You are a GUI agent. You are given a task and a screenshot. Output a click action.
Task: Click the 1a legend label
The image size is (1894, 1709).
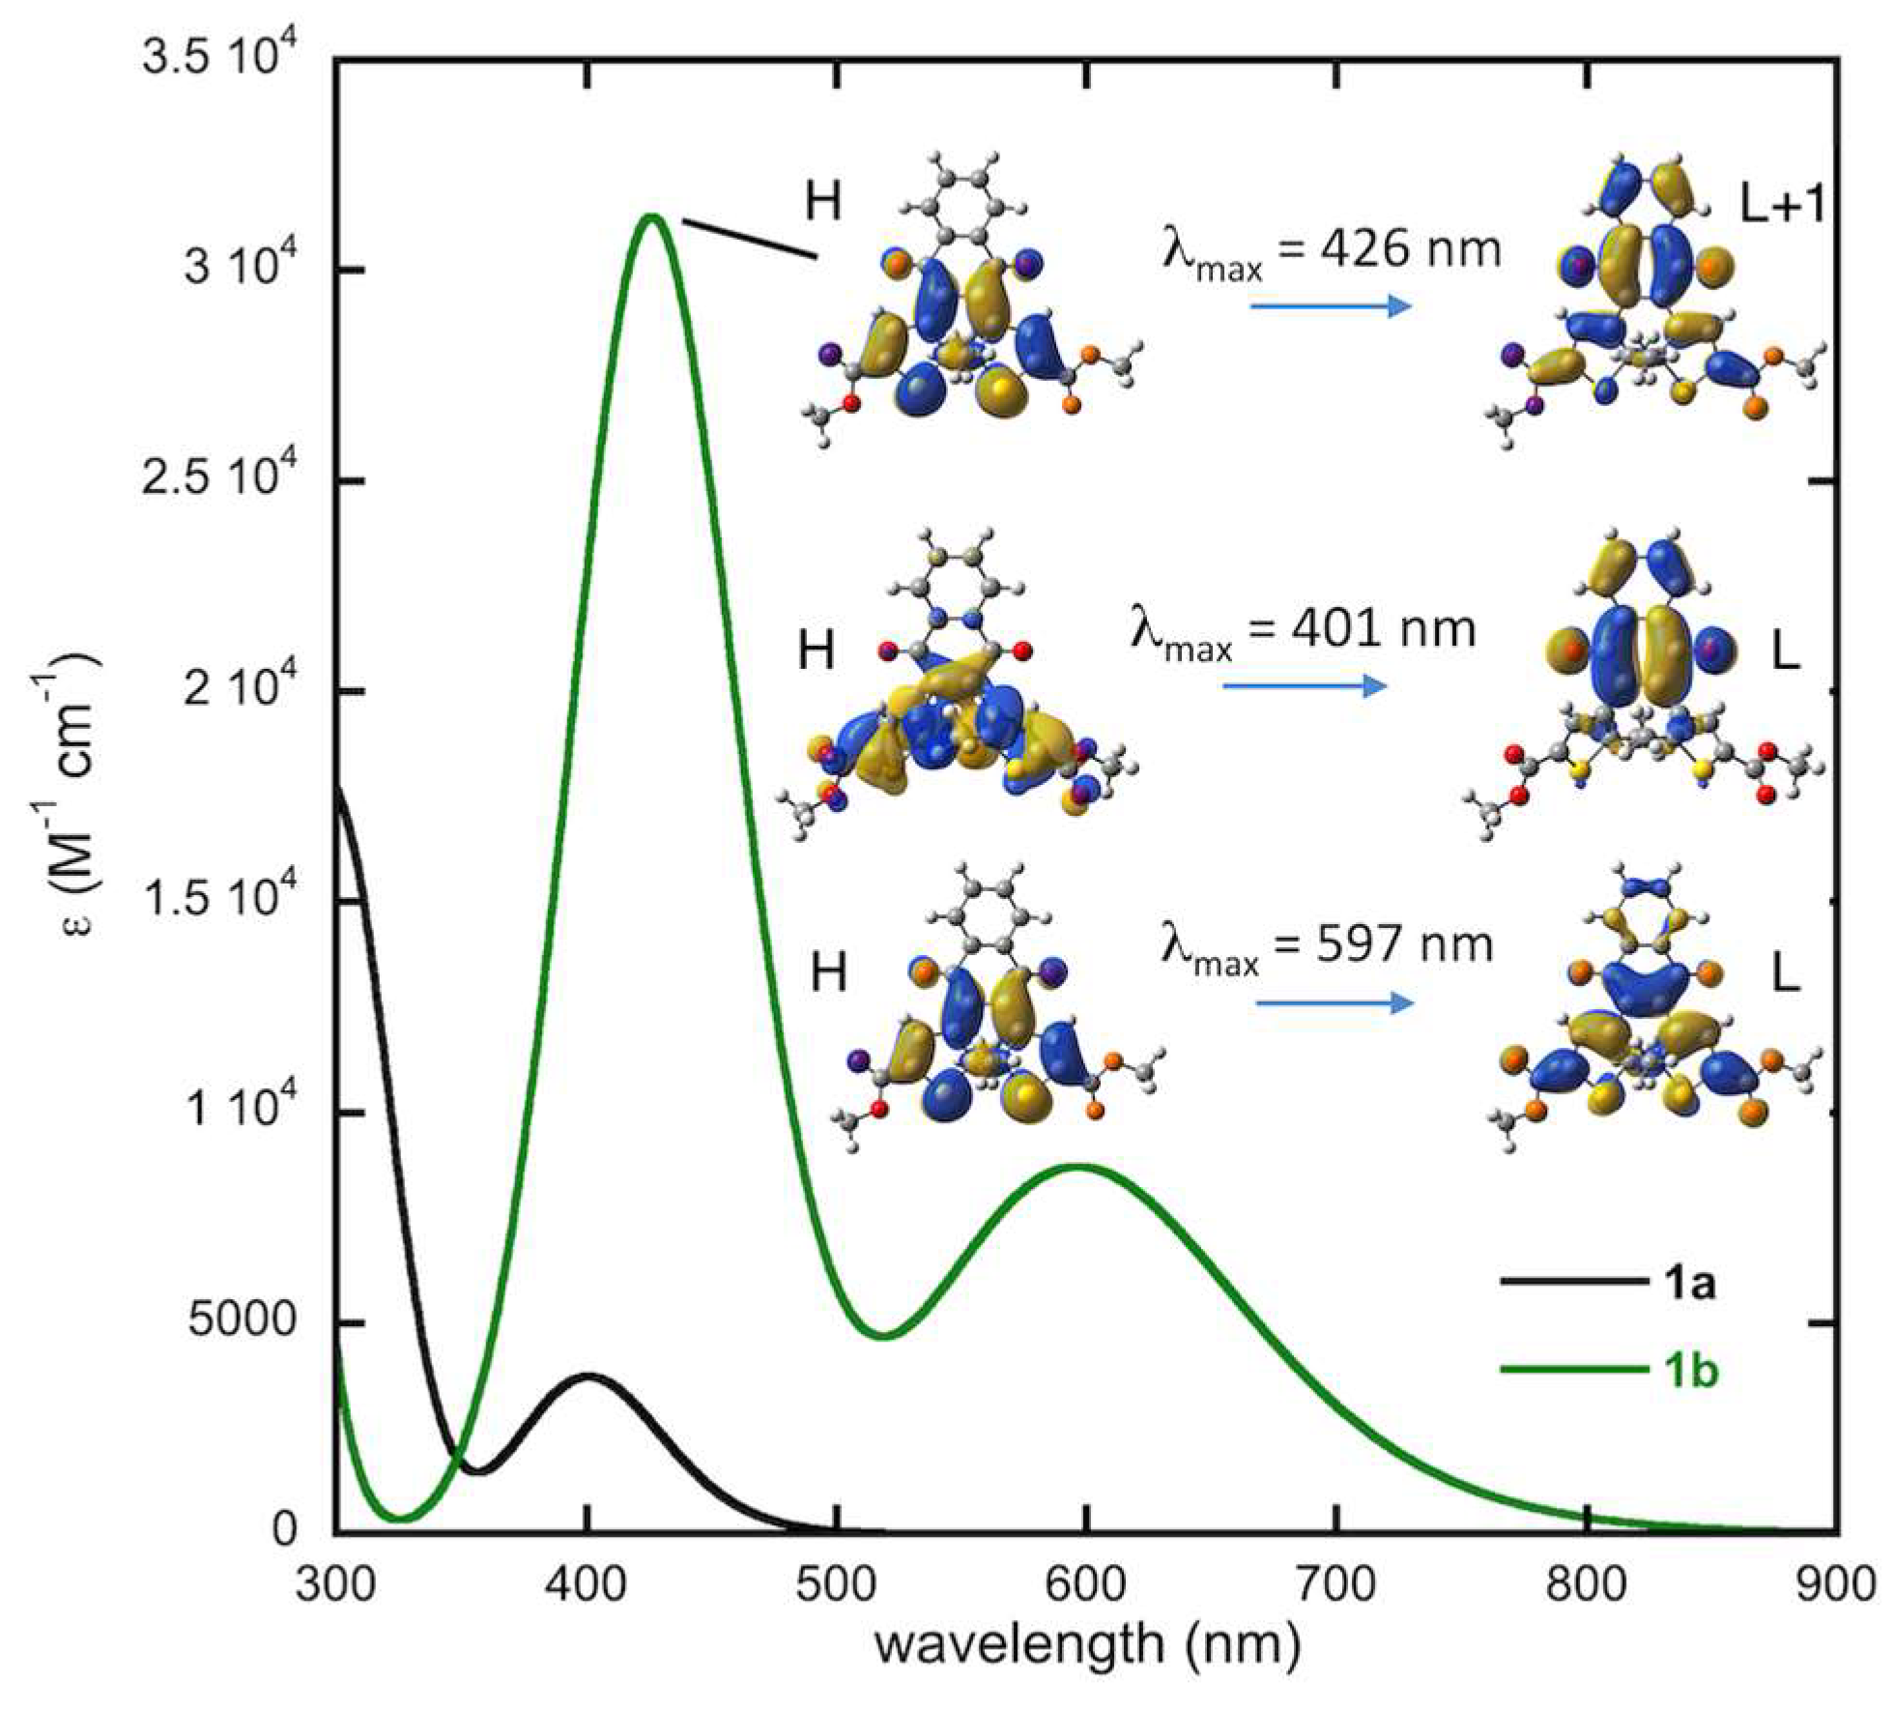[1689, 1284]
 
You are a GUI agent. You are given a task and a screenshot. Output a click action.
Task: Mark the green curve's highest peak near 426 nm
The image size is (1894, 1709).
[652, 216]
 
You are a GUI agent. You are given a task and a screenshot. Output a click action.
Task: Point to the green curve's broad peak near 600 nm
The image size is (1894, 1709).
[1080, 1166]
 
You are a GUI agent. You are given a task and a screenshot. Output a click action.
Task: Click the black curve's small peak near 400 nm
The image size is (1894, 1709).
[588, 1375]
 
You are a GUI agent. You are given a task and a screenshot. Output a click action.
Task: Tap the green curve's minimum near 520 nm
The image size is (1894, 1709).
[884, 1337]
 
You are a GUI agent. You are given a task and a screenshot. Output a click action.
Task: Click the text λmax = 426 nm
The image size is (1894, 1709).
[1332, 253]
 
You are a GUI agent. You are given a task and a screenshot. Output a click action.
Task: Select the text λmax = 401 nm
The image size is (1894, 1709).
[1303, 633]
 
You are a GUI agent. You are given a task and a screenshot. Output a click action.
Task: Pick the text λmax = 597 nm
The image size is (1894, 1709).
[1326, 948]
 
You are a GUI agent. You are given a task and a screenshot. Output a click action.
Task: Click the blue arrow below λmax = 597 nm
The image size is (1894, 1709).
[1334, 1002]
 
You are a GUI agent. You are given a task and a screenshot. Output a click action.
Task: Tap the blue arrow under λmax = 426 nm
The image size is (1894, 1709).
[1331, 306]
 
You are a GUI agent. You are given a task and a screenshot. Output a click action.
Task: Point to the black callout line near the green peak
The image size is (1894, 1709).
[750, 239]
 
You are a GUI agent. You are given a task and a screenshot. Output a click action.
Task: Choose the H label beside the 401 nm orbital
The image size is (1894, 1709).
[817, 651]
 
